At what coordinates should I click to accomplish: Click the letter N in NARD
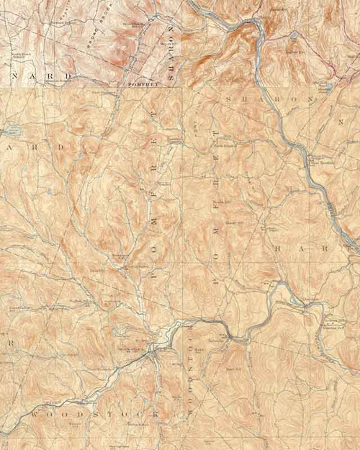[x=14, y=75]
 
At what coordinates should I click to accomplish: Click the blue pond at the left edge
[x=11, y=131]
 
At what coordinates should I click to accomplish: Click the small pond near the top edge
[x=294, y=34]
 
